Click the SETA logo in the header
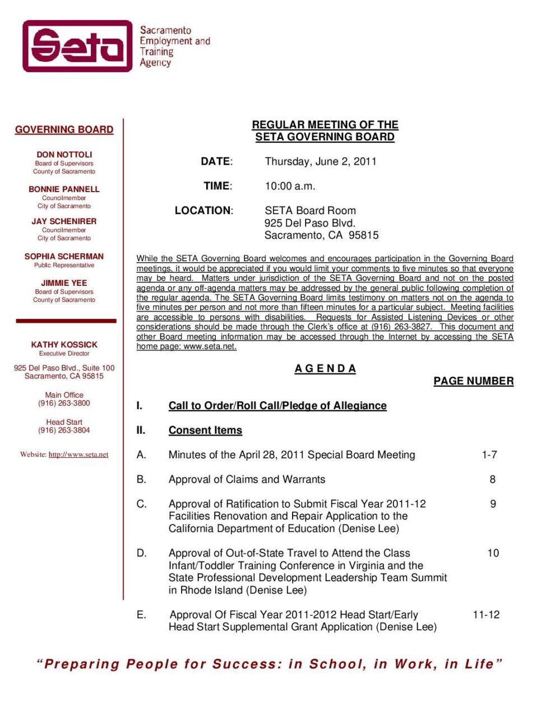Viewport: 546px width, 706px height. tap(77, 46)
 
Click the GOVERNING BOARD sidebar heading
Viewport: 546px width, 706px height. tap(64, 129)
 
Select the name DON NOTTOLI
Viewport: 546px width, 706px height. tap(64, 154)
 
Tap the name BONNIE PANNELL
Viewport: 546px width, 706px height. tap(64, 189)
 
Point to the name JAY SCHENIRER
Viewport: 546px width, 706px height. tap(64, 221)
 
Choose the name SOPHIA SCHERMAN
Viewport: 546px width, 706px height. tap(64, 256)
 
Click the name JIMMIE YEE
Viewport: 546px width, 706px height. tap(64, 282)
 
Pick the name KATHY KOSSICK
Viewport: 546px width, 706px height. tap(64, 344)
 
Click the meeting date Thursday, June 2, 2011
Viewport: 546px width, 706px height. tap(320, 161)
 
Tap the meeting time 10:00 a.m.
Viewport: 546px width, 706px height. tap(290, 186)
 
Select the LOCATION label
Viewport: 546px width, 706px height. tap(203, 211)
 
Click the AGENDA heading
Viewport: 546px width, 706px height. tap(325, 368)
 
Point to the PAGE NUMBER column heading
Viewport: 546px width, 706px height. tap(473, 381)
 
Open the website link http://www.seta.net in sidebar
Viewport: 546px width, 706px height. tap(78, 454)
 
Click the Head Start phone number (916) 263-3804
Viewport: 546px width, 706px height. tap(64, 430)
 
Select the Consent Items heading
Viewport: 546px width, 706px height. tap(205, 430)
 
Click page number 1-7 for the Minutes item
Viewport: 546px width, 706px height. tap(489, 455)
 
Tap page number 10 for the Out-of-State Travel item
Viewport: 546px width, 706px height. tap(493, 553)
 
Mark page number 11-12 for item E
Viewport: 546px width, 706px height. tap(486, 615)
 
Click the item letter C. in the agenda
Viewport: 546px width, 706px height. tap(142, 504)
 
